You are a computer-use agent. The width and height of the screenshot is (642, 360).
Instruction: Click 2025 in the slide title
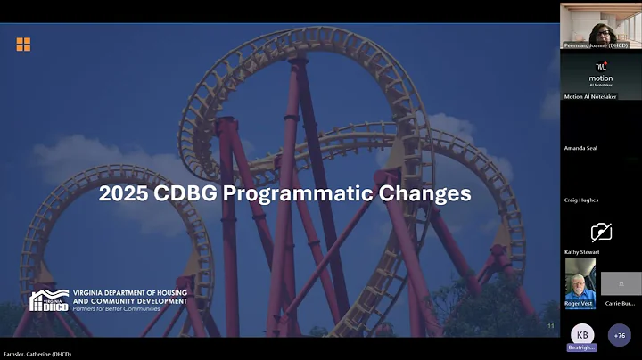(123, 192)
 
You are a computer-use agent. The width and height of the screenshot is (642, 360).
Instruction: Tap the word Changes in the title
(424, 192)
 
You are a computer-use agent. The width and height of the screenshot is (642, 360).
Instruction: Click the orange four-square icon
(23, 45)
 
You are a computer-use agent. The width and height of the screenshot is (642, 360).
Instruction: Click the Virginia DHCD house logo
(49, 300)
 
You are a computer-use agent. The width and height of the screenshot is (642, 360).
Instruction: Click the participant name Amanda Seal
(580, 148)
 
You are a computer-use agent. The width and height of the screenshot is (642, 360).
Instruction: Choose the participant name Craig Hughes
(581, 200)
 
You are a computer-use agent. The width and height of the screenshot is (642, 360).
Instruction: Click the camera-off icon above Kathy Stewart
(601, 232)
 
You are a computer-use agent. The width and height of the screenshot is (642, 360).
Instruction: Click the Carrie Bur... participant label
(620, 303)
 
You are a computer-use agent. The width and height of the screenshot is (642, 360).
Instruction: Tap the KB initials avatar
(581, 334)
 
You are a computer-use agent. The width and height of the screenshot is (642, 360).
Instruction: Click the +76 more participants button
(620, 334)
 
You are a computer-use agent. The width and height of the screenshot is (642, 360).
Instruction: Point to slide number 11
(550, 326)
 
